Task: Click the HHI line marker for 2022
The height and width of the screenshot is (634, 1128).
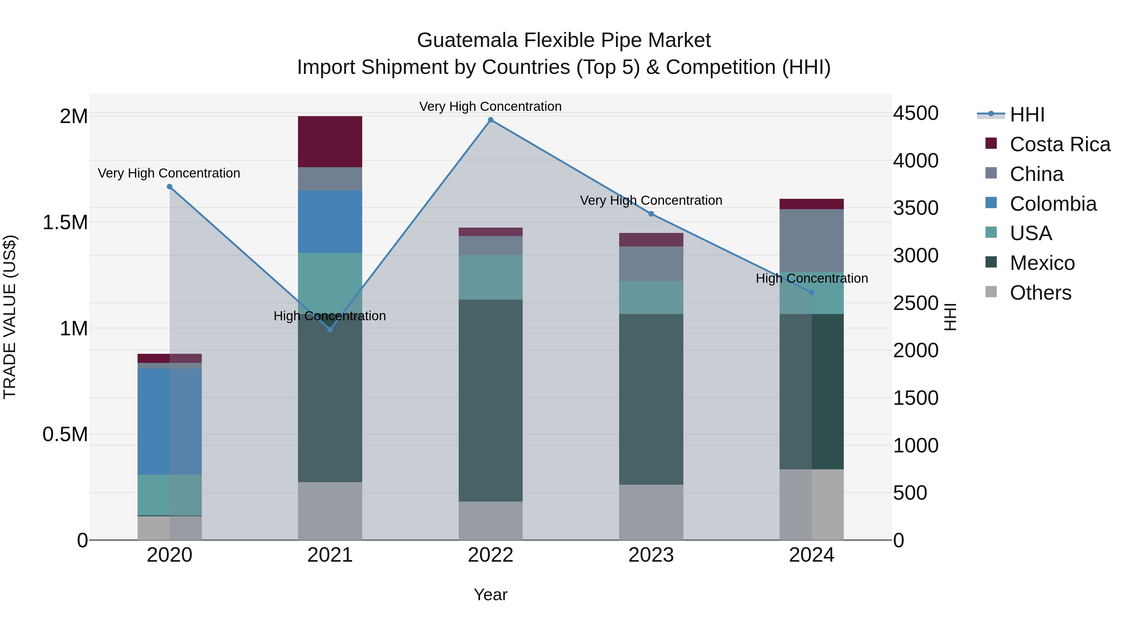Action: (x=490, y=120)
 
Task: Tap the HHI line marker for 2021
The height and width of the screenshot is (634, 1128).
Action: (x=330, y=329)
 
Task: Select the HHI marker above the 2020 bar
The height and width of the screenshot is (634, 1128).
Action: (x=170, y=187)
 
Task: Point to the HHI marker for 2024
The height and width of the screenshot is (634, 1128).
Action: (x=812, y=292)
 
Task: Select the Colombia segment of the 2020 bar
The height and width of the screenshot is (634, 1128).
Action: (x=170, y=421)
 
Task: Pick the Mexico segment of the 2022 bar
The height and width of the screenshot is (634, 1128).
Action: (x=490, y=400)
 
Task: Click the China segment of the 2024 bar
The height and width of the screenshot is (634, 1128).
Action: (x=812, y=241)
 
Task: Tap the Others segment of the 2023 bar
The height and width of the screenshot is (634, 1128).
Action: (x=651, y=512)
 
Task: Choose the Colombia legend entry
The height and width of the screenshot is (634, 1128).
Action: (x=1053, y=204)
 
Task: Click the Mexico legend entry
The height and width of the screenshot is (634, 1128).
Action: (x=1042, y=263)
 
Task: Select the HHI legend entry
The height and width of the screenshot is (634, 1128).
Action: (x=1027, y=115)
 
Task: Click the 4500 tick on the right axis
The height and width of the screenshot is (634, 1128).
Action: (x=915, y=113)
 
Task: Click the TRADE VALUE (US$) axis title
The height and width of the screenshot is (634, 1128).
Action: (x=10, y=317)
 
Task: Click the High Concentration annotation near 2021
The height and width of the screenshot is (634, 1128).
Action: (x=330, y=316)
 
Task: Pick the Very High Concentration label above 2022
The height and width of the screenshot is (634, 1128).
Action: (x=490, y=106)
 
